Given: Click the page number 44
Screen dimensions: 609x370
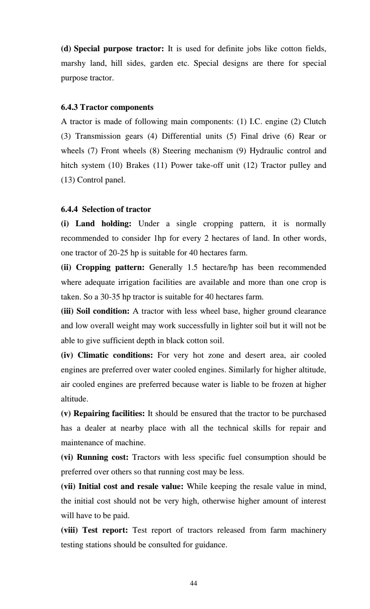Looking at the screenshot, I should (x=194, y=583).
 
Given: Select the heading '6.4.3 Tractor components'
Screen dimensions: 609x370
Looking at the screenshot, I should (x=107, y=107).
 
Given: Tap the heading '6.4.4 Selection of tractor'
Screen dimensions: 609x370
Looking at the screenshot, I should (x=106, y=209).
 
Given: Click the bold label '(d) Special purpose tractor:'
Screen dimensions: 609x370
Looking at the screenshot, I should (x=112, y=49).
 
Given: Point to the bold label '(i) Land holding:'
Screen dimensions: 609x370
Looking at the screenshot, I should (x=96, y=224).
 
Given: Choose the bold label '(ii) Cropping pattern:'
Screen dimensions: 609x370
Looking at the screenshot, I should (x=103, y=268).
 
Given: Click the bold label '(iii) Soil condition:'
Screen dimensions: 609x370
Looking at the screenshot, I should (x=95, y=311).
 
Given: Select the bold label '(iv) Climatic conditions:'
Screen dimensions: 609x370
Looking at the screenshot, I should (x=107, y=355).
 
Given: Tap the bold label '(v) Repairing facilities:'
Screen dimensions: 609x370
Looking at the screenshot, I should (x=103, y=414).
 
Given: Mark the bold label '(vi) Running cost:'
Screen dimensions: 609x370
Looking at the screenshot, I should (x=95, y=457).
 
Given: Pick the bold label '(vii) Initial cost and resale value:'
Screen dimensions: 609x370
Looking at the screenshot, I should (x=122, y=487).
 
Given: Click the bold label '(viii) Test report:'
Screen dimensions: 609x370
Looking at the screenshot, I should (x=94, y=530).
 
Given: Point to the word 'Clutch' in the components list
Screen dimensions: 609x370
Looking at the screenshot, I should (x=315, y=122).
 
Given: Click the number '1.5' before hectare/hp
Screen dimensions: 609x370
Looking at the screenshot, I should (x=192, y=268).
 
